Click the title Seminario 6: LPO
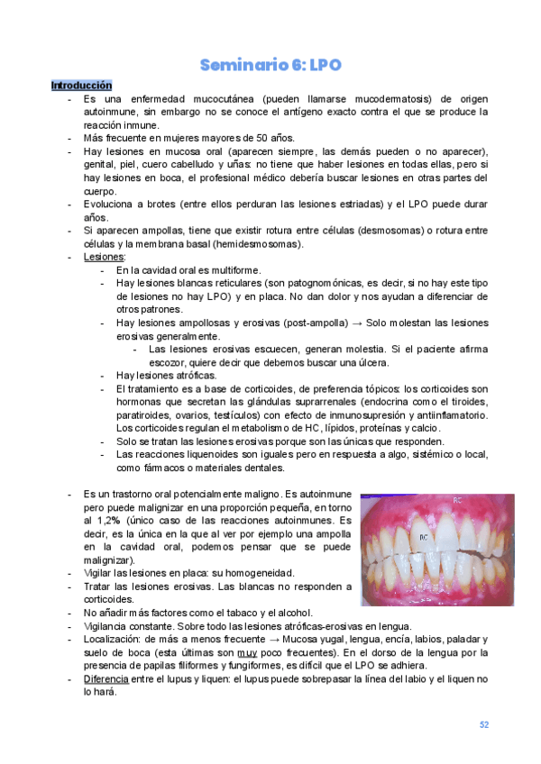270,65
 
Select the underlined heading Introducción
81,85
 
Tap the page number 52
484,724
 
